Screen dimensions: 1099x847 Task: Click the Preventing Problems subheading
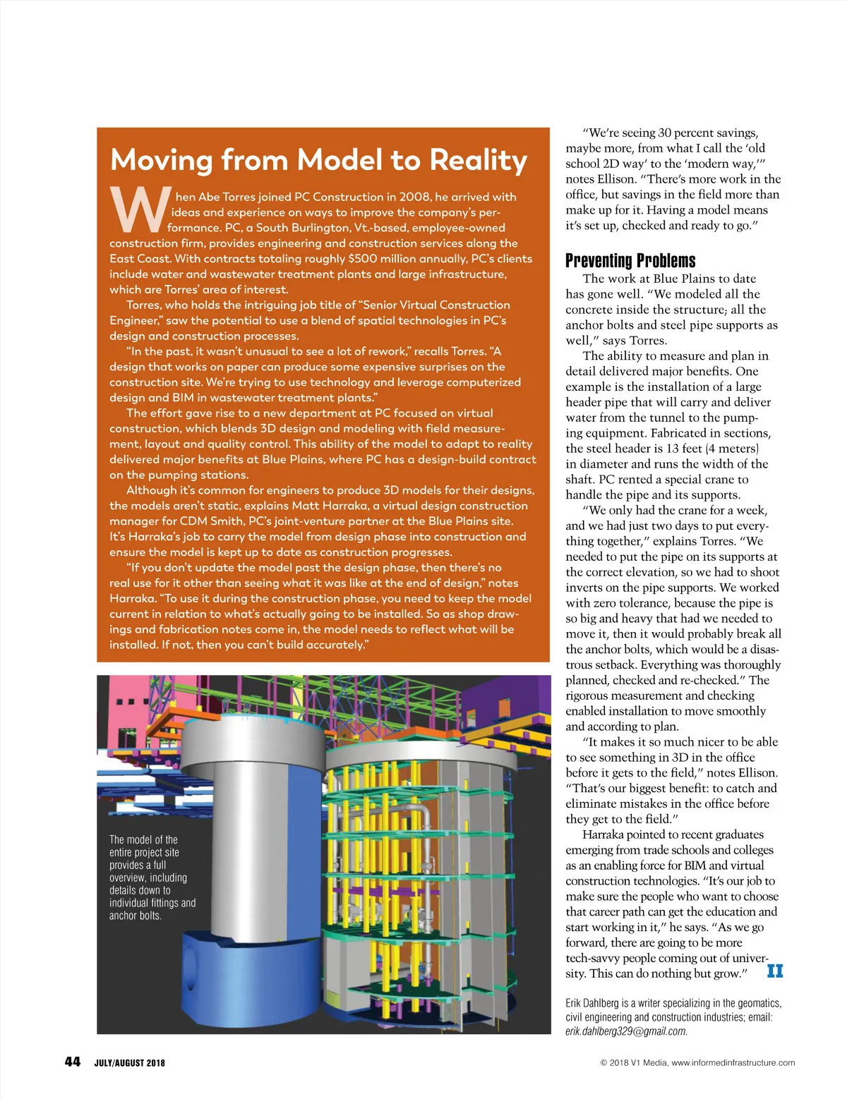tap(630, 261)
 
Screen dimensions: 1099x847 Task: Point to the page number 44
tap(73, 1062)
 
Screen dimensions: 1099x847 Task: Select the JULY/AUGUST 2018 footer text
tap(130, 1063)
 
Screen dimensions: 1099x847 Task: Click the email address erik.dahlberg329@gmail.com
tap(626, 1031)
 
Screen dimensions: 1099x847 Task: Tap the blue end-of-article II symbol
tap(775, 971)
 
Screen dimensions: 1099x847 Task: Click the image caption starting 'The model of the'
tap(151, 878)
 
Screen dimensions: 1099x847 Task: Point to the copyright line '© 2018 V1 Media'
tap(630, 1062)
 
